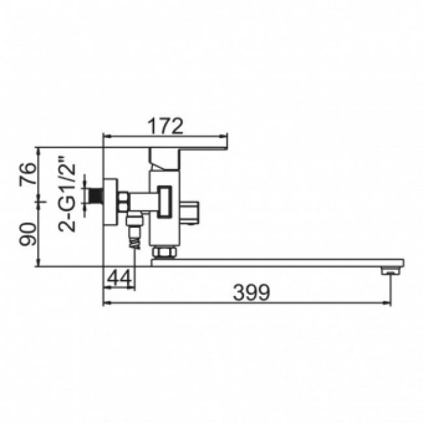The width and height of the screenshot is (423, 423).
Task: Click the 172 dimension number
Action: pos(166,126)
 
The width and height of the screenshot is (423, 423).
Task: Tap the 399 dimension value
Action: pos(251,292)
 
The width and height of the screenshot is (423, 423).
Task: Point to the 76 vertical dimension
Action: pos(28,174)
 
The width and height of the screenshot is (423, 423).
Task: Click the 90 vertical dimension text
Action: pos(28,234)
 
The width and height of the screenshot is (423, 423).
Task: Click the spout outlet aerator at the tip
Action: pos(390,271)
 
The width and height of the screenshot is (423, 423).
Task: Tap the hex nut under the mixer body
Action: pos(164,252)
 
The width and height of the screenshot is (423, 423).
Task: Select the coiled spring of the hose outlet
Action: pos(135,243)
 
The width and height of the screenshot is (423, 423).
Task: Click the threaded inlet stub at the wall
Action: pos(96,196)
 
